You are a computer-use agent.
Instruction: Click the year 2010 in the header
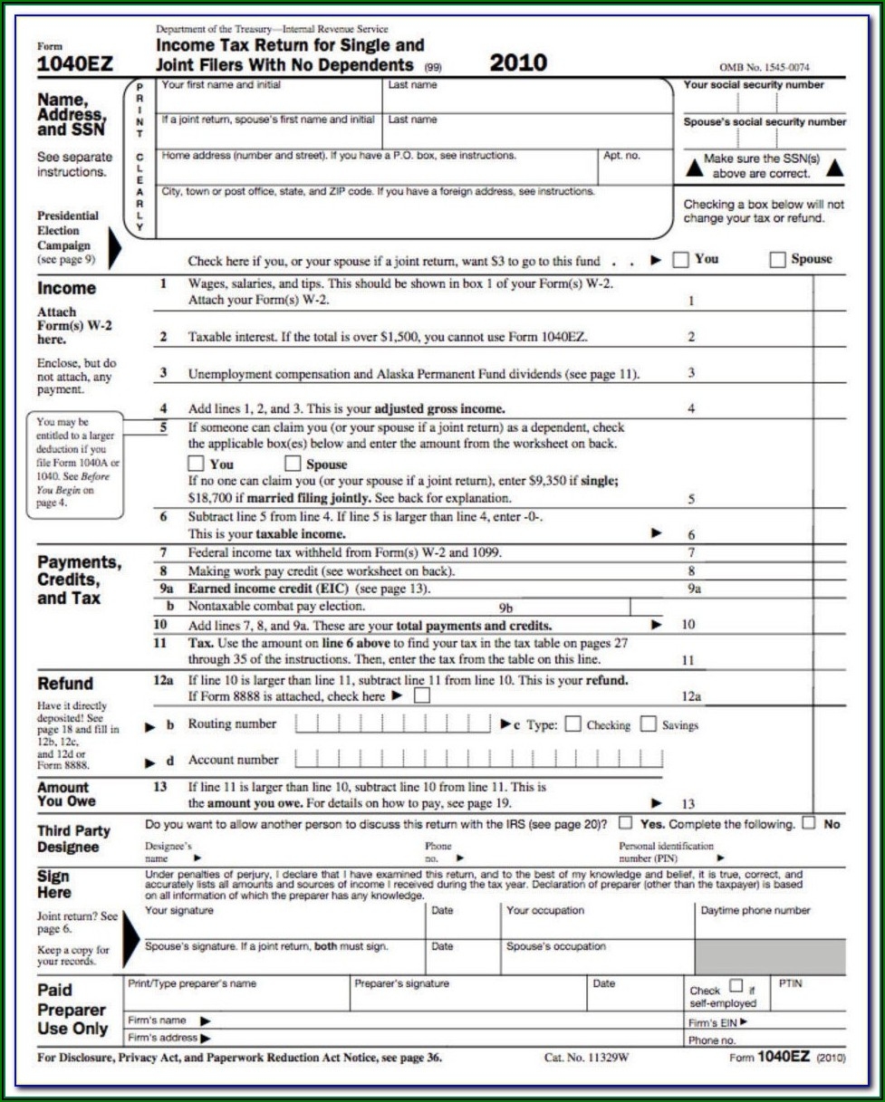point(518,62)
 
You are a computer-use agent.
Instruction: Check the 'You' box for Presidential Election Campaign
point(680,260)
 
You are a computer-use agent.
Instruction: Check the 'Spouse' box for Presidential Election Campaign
point(777,260)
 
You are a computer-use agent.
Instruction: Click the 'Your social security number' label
point(754,85)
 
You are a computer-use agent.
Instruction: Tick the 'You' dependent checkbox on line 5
point(196,465)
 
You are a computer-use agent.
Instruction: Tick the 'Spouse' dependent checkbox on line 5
point(293,465)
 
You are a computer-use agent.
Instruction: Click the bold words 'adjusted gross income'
point(427,408)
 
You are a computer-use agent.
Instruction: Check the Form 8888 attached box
point(421,696)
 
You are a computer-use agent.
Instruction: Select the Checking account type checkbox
point(572,724)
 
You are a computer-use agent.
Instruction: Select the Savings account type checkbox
point(649,724)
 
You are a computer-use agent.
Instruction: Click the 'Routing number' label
point(232,724)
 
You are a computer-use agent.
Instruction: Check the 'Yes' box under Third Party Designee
point(626,823)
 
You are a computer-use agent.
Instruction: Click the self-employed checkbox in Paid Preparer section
point(736,986)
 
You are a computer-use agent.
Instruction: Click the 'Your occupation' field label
point(545,910)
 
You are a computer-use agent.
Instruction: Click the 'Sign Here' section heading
point(55,885)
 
